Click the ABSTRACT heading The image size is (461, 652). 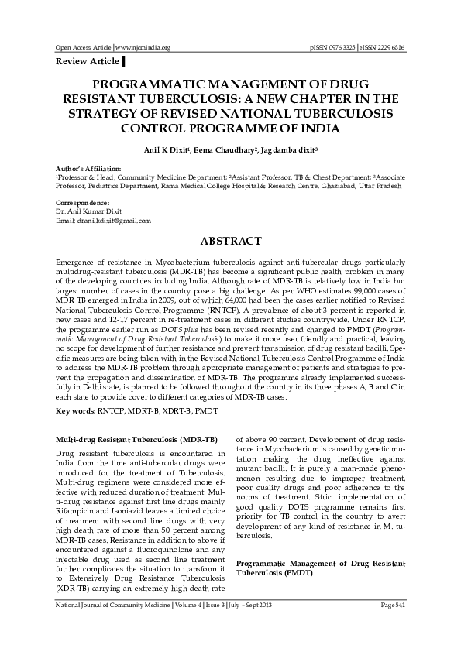tap(230, 242)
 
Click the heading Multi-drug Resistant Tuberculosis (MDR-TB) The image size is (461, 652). tap(136, 438)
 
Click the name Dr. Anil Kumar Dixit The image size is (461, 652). tap(86, 212)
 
